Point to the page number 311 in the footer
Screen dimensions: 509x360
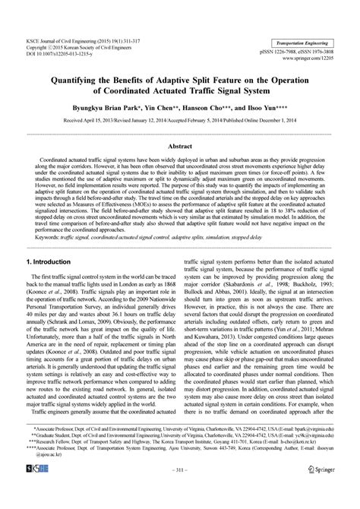(x=179, y=491)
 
